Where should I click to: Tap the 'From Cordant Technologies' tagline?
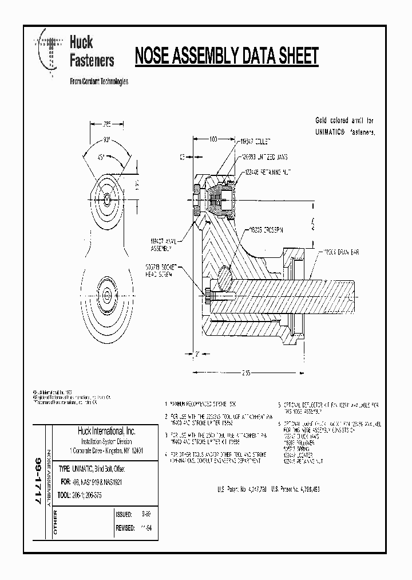(98, 81)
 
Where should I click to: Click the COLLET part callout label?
(256, 140)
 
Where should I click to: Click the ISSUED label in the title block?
(125, 515)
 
